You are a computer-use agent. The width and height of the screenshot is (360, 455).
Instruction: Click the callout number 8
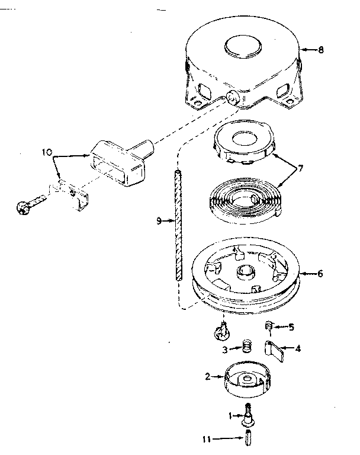[x=320, y=50]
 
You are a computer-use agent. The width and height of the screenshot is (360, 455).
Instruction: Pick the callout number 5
[x=291, y=326]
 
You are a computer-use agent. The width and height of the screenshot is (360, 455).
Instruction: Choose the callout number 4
[x=298, y=348]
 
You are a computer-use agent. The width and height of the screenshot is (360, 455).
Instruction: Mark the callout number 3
[x=226, y=349]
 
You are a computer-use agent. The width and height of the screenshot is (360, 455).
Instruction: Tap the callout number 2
[x=208, y=376]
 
